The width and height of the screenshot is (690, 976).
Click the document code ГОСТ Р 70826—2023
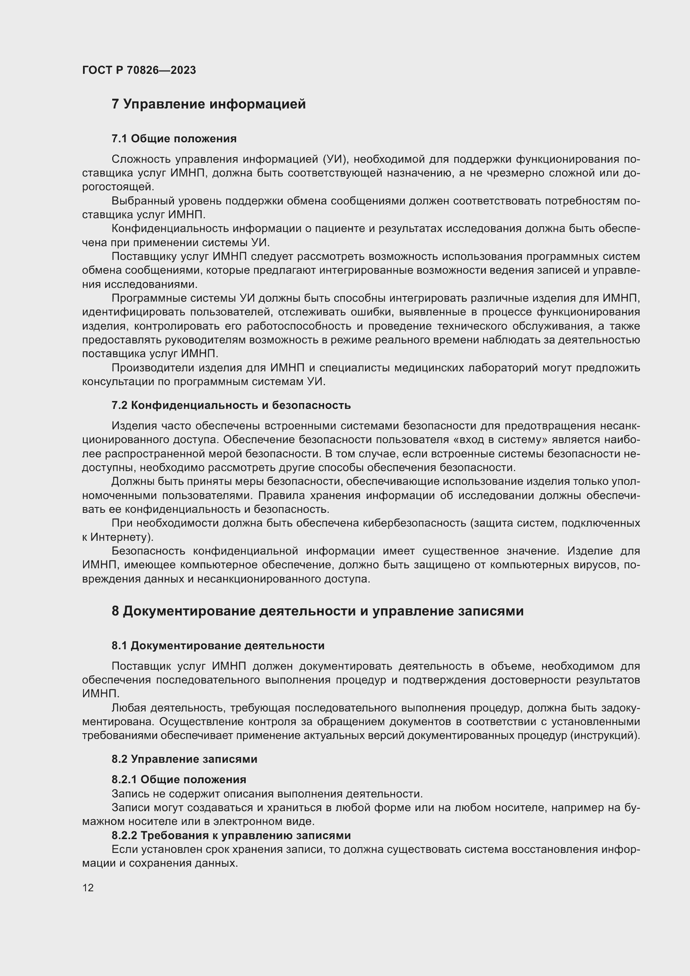tap(139, 70)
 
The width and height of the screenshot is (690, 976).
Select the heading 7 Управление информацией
tap(209, 104)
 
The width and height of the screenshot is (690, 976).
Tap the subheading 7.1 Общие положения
tap(174, 139)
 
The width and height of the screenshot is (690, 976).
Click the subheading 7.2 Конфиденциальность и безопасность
tap(231, 405)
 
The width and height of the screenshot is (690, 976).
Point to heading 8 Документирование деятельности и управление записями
tap(317, 611)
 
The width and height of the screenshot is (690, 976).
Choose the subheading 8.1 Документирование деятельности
tap(218, 646)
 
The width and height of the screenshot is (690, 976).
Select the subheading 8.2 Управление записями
tap(184, 759)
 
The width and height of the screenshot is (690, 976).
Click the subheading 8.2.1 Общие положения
tap(179, 779)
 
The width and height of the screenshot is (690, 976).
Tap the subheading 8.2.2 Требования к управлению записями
tap(231, 835)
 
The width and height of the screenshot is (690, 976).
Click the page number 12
tap(88, 888)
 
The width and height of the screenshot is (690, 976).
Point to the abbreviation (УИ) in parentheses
tap(336, 159)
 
